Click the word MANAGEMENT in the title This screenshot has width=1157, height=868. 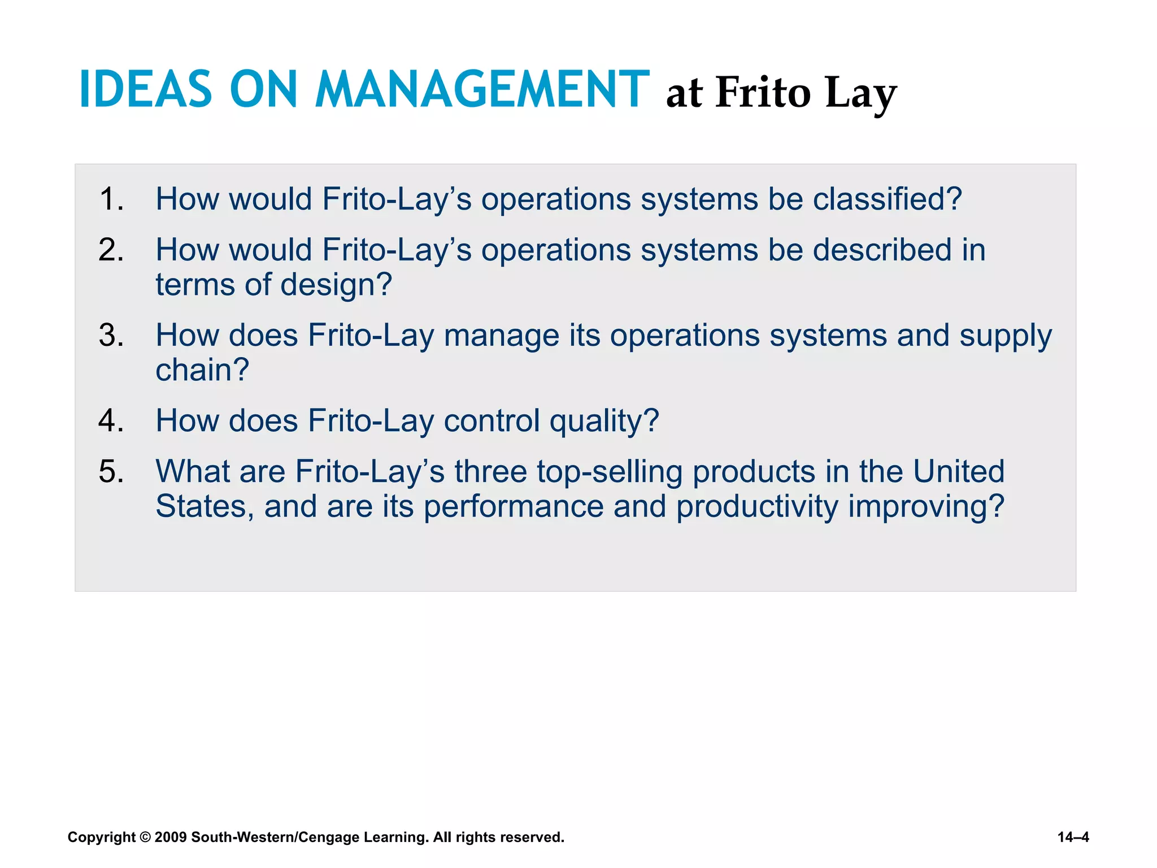[481, 89]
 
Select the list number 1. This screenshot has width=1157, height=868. [111, 199]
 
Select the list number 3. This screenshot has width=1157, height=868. [111, 335]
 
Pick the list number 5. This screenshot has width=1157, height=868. [111, 471]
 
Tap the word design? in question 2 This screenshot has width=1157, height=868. [336, 284]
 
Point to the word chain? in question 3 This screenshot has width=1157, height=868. [202, 370]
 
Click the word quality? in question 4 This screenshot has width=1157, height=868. [604, 422]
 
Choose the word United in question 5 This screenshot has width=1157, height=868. [958, 471]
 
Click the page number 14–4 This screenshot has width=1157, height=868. [1073, 837]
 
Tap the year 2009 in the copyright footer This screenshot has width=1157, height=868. [170, 837]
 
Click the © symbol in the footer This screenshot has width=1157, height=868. [145, 837]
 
